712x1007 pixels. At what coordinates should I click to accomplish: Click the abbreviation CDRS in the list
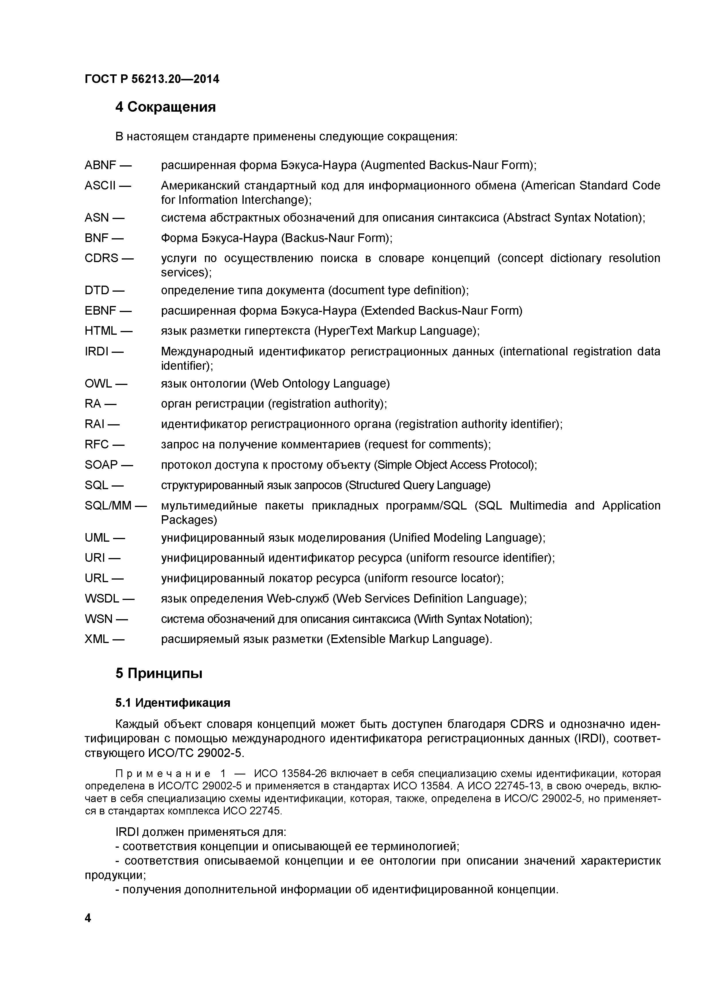101,258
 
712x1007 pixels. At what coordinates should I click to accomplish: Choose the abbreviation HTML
101,331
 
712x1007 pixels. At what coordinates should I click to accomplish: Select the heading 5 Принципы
159,673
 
